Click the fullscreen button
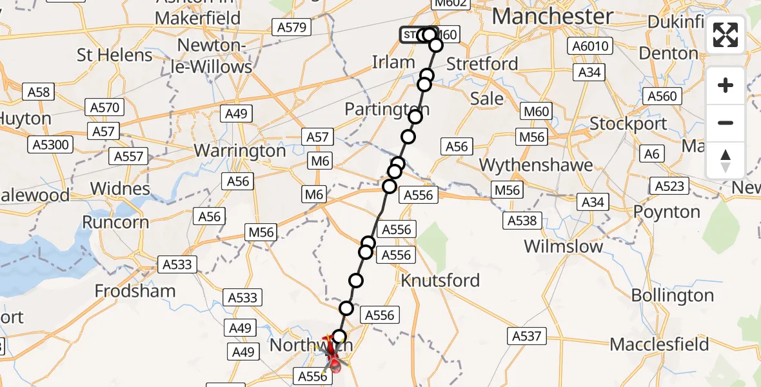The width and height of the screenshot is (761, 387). [x=726, y=35]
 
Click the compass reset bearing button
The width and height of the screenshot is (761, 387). [x=726, y=161]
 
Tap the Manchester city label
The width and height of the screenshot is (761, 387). [x=553, y=16]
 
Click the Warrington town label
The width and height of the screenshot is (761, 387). [x=240, y=151]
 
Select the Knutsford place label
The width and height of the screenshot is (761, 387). [x=440, y=281]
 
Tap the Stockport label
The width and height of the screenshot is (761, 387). [x=629, y=123]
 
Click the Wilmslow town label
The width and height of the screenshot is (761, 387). [x=564, y=246]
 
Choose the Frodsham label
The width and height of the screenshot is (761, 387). [x=135, y=291]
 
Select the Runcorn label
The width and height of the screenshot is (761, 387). [x=115, y=222]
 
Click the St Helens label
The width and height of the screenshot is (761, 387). [x=115, y=55]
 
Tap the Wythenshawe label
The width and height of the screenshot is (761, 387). [x=536, y=165]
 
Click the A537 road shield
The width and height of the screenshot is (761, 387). [x=528, y=335]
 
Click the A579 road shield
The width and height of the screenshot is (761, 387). [x=292, y=27]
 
